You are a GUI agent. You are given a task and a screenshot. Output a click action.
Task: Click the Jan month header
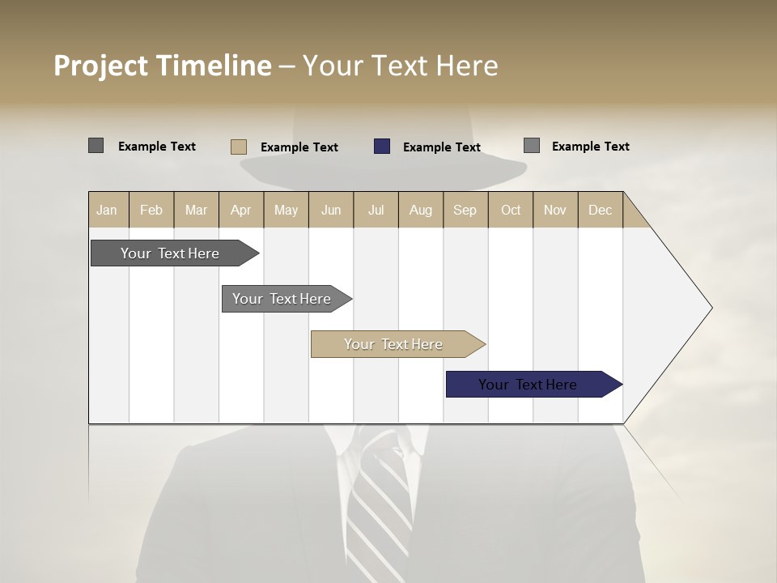coord(107,210)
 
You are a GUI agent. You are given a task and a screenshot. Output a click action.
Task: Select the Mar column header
coord(196,210)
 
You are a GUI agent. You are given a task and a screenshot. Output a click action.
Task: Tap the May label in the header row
coord(286,210)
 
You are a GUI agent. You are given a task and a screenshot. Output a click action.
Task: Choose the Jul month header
coord(376,210)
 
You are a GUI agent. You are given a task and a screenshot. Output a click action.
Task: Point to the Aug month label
coord(420,210)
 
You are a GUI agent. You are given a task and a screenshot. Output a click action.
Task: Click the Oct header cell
coord(511,210)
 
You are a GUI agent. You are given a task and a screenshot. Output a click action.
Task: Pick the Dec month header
coord(600,210)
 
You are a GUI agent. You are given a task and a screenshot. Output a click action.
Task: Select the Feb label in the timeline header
coord(151,210)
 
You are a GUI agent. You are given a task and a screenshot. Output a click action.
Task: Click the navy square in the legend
coord(382,147)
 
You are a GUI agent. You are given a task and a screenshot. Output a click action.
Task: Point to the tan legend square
coord(239,147)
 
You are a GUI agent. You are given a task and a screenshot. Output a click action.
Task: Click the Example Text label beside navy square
coord(441,147)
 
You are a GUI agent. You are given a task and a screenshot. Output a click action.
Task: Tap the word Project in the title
coord(101,66)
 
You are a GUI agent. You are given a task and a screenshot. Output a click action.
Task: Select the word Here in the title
coord(467,66)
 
